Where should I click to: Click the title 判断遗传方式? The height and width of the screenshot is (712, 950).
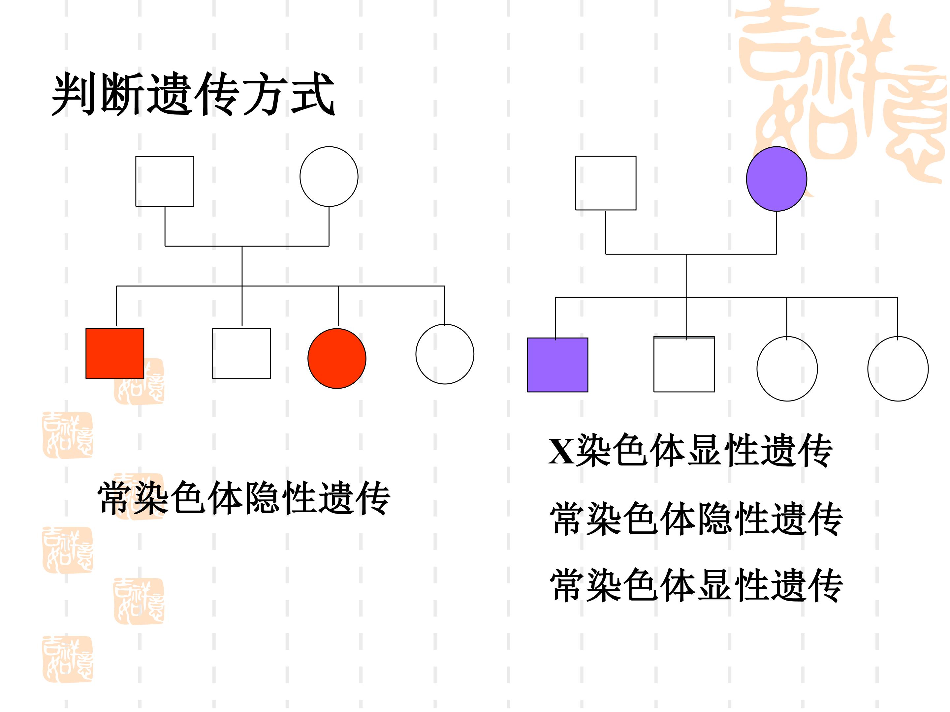(193, 94)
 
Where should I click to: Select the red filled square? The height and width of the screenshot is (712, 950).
(115, 354)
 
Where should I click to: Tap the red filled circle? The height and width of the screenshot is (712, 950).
(337, 358)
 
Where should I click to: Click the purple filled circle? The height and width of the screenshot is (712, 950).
(776, 179)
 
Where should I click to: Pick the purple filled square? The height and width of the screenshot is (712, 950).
(557, 365)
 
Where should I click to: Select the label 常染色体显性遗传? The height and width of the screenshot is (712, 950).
(697, 585)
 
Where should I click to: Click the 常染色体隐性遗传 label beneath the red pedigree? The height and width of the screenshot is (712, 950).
(244, 498)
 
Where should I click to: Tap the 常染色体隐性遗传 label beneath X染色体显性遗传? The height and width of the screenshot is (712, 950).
(697, 519)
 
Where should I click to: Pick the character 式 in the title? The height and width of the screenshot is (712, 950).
(313, 94)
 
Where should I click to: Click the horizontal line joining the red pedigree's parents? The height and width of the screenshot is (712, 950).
(247, 246)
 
